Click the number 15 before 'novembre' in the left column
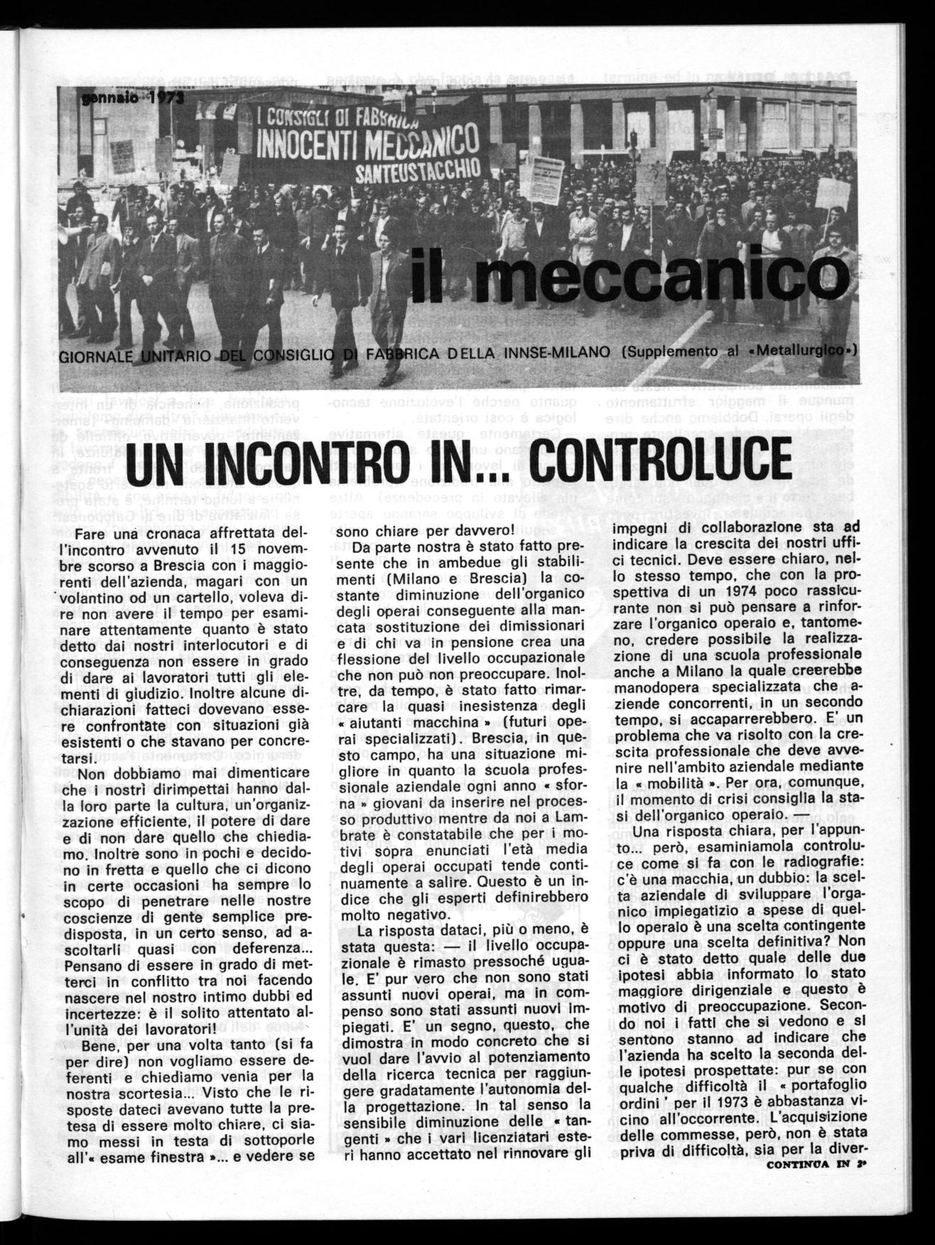(227, 550)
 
